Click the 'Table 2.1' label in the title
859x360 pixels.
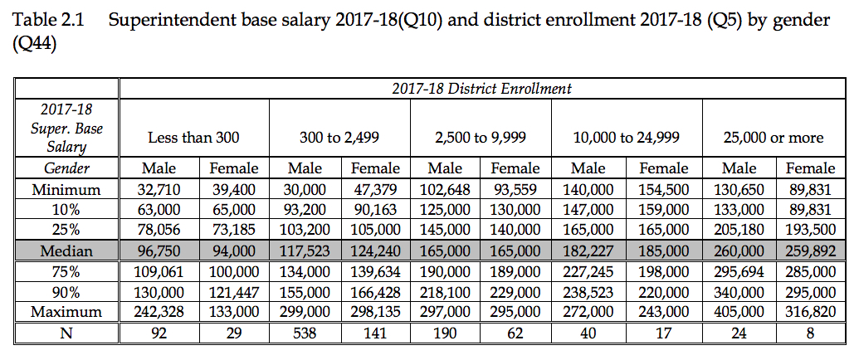[47, 21]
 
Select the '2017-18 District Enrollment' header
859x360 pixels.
[481, 88]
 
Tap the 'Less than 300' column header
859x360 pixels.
[192, 138]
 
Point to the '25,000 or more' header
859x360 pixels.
[771, 138]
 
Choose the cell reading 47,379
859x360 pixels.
[377, 189]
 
